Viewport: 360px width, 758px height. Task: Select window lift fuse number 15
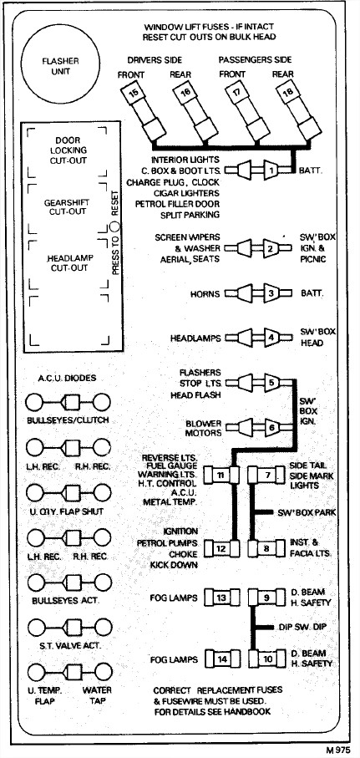coord(143,113)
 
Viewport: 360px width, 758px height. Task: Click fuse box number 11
coord(221,476)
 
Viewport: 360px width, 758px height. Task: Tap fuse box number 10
coord(267,659)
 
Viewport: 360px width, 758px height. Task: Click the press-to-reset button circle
coord(114,225)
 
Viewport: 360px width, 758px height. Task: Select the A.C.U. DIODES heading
coord(68,378)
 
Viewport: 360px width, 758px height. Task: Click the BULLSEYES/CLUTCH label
coord(68,420)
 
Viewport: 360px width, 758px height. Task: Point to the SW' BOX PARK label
coord(307,512)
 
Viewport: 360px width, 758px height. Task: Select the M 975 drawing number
coord(337,750)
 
